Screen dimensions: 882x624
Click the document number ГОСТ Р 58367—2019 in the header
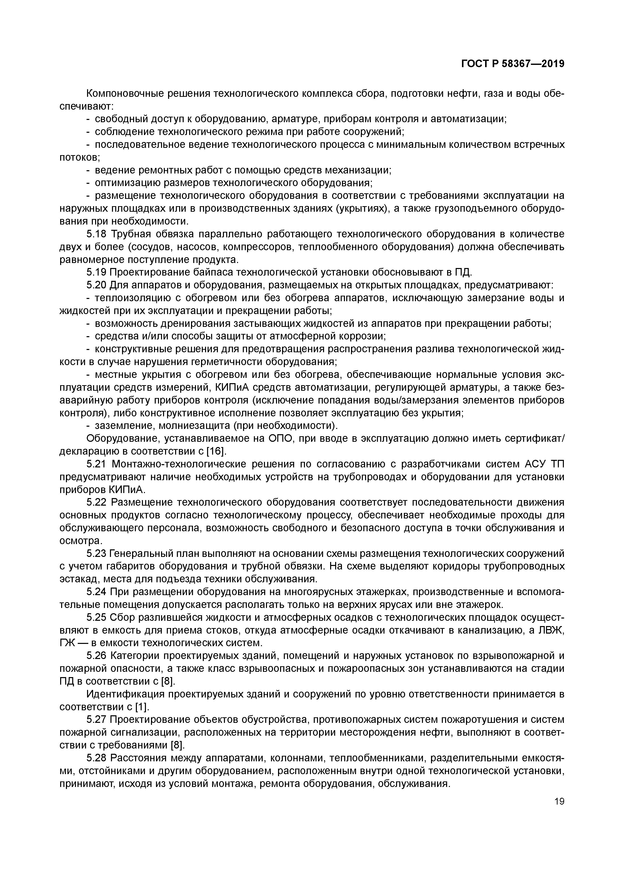click(x=513, y=64)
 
